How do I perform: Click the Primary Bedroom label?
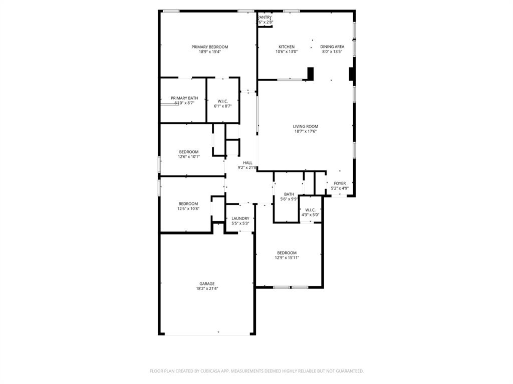coord(209,47)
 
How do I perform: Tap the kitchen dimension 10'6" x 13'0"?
coord(287,51)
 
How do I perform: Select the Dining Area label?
coord(332,47)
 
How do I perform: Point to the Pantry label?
coord(265,17)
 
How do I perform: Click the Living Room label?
coord(306,126)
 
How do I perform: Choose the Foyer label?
coord(340,183)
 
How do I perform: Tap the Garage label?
coord(207,283)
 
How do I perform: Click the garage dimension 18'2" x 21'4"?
coord(207,288)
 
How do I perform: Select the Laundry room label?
coord(240,218)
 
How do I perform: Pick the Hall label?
coord(247,163)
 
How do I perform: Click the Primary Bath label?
coord(184,98)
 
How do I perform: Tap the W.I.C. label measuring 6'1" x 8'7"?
coord(223,101)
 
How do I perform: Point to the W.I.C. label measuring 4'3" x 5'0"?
coord(310,210)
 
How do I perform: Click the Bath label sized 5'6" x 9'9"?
coord(289,194)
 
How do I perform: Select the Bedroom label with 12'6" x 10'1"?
coord(189,152)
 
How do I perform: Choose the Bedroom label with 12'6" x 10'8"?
coord(188,203)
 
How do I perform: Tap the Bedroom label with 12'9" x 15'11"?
coord(287,253)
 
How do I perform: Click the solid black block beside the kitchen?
coord(311,73)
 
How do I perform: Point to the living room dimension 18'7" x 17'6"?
coord(306,131)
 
